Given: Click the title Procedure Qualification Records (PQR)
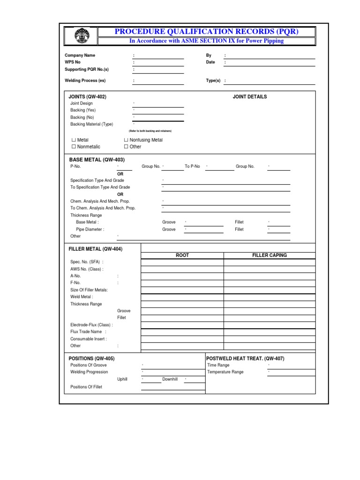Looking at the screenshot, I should coord(207,31).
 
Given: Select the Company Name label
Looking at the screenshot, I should coord(80,55).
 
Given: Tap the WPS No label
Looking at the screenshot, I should coord(73,62).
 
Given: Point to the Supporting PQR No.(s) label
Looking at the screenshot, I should coord(86,69).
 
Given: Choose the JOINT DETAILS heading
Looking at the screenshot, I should coord(249,97).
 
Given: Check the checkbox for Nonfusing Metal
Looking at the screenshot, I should coord(126,140).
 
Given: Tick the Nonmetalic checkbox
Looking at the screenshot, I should coord(73,147).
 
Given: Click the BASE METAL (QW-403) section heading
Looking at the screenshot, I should coord(97,160).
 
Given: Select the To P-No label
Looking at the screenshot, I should coord(192,166).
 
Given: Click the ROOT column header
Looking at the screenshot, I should coord(182,255).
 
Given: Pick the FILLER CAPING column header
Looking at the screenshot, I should coord(269,255).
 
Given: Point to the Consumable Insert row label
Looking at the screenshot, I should coord(88,338).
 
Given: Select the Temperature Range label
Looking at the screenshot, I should coord(225,372).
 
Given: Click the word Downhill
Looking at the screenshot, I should coord(170,379).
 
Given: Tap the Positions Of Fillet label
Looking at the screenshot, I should coord(86,387).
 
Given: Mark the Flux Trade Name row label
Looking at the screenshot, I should coord(85,331).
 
